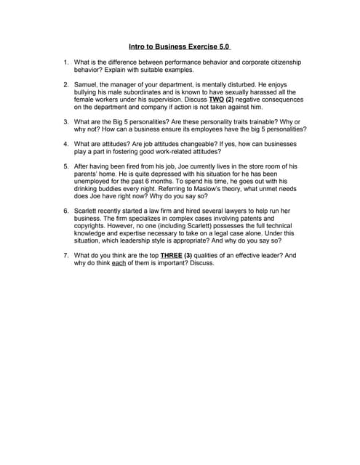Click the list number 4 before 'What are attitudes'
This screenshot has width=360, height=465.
66,144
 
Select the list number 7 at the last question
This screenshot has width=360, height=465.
66,256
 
